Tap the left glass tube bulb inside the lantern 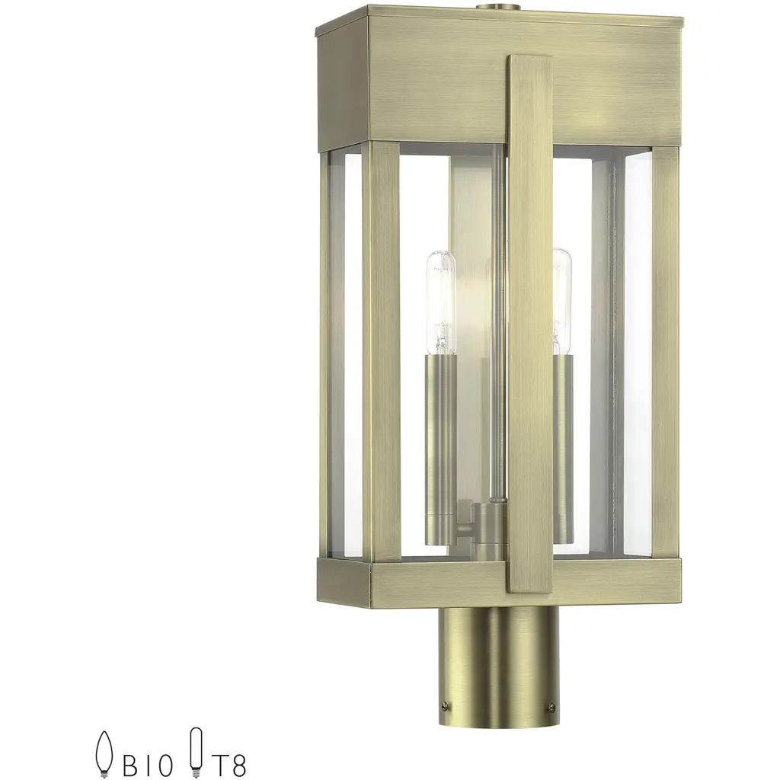click(441, 303)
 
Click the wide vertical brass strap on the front click(530, 323)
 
